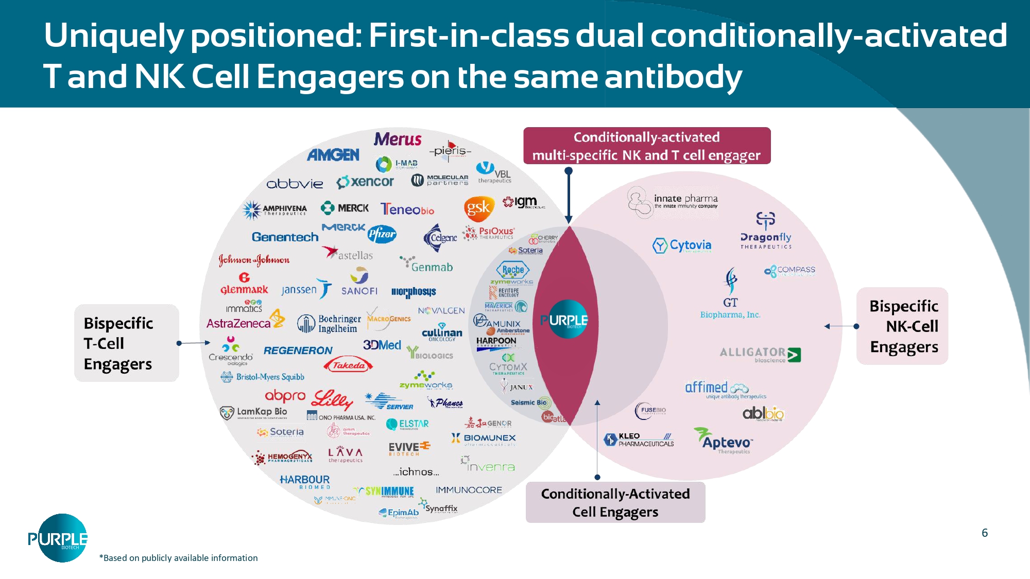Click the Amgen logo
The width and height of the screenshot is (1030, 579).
coord(333,154)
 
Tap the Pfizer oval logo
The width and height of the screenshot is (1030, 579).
coord(382,234)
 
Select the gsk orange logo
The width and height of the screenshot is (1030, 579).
coord(478,208)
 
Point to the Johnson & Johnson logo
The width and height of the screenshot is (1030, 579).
coord(254,260)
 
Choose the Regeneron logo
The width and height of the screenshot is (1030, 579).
coord(298,350)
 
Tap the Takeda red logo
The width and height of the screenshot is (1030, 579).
coord(349,365)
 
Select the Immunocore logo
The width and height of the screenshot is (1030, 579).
coord(469,490)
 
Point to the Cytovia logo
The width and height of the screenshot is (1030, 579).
coord(682,245)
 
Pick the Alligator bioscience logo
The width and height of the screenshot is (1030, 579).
coord(760,354)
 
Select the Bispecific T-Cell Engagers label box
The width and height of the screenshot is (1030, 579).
coord(126,343)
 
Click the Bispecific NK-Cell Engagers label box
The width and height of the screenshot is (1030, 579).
coord(903,326)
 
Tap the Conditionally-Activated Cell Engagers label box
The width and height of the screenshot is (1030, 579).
coord(615,502)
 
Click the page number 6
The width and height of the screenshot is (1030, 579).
coord(985,533)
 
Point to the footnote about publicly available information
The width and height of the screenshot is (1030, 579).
coord(178,558)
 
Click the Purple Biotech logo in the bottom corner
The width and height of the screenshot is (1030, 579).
coord(57,538)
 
